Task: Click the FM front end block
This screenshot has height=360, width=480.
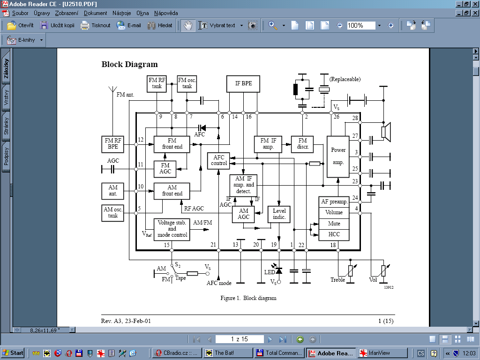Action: (172, 144)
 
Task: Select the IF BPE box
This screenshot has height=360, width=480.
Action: (243, 83)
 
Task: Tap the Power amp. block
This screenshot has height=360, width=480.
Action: (338, 157)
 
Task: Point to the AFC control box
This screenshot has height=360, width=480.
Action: (218, 161)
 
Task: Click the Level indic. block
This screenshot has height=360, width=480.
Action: (279, 214)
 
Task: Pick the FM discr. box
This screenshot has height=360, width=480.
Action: (302, 144)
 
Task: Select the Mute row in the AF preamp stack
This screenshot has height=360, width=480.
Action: (334, 224)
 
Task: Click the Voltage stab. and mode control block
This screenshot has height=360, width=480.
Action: (172, 229)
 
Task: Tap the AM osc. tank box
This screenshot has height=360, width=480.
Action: (112, 213)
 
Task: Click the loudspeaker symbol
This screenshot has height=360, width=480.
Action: (386, 132)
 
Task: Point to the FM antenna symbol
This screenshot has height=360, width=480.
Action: (112, 90)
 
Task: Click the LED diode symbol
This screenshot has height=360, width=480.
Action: (278, 270)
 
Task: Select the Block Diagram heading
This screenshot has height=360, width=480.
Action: (129, 64)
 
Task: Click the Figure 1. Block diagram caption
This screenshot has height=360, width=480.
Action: (248, 298)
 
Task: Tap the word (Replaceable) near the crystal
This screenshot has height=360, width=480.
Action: (345, 79)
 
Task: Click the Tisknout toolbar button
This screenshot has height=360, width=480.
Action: (95, 25)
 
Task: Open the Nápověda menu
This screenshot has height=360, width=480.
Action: (166, 13)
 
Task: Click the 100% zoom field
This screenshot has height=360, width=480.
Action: (361, 25)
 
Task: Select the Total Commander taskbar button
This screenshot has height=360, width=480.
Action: (279, 353)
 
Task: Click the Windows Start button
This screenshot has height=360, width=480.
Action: (13, 353)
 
